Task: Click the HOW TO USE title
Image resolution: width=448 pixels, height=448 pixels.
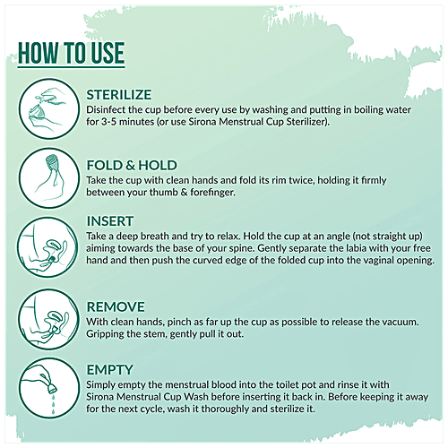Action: [71, 53]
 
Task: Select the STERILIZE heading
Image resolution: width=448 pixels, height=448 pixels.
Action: [119, 95]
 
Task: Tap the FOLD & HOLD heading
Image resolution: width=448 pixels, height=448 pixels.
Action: [132, 166]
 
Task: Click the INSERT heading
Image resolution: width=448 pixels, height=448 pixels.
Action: [110, 221]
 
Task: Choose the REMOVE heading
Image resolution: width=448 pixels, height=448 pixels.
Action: [116, 307]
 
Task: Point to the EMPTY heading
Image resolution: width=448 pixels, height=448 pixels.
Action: [109, 370]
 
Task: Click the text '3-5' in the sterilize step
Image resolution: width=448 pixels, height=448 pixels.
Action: [108, 122]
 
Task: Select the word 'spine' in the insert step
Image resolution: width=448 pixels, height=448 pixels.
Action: [242, 248]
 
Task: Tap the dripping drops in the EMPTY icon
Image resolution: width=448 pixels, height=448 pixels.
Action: [54, 404]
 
